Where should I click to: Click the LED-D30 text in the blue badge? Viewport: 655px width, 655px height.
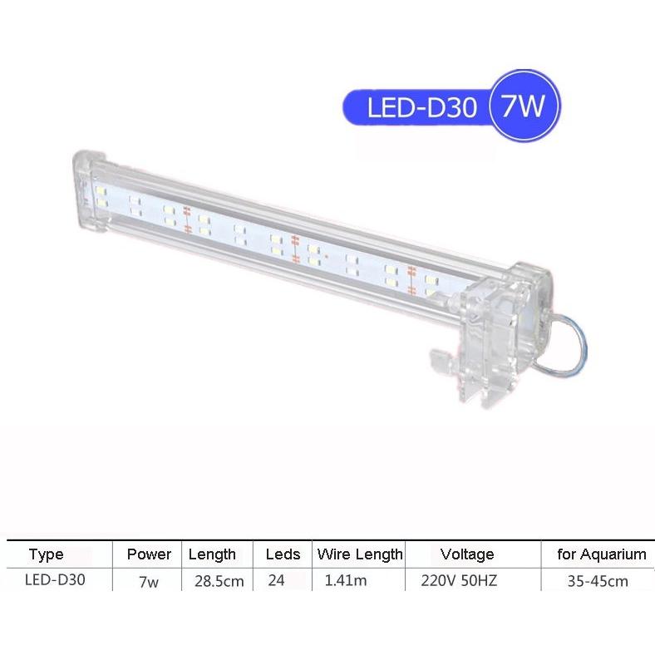(x=421, y=107)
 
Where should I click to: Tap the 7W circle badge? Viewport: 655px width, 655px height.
(x=524, y=106)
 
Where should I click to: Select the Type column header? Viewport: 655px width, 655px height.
(x=46, y=554)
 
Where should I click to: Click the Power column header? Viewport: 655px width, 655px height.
(x=149, y=554)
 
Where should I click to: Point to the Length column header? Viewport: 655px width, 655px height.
(x=212, y=554)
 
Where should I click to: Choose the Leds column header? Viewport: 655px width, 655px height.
(x=283, y=554)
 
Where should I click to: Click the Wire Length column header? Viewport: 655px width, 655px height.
(x=360, y=554)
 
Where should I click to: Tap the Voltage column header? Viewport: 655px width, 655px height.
(x=467, y=554)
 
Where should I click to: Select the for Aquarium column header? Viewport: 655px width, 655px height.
(x=602, y=554)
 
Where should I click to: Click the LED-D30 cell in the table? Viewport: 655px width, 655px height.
(x=55, y=579)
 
